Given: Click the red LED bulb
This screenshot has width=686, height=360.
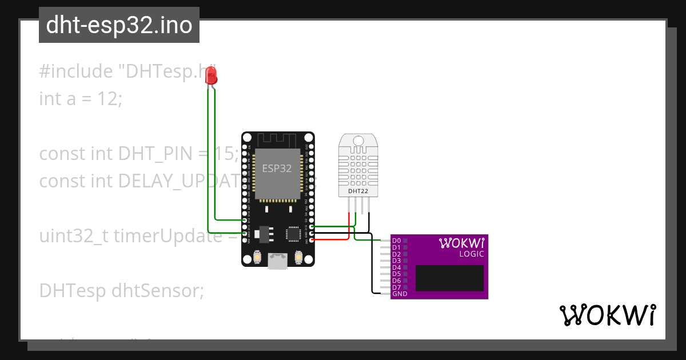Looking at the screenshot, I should click(212, 75).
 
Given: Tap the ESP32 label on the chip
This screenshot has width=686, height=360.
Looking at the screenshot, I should click(277, 169).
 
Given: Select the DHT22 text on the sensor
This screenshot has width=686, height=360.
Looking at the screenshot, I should click(358, 190).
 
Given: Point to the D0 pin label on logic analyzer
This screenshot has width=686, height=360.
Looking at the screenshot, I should click(396, 241).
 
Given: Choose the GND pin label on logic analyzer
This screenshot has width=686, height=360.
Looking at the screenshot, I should click(400, 294).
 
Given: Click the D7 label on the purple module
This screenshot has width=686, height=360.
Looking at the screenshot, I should click(396, 287).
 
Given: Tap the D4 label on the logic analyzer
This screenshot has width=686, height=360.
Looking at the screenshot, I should click(396, 267).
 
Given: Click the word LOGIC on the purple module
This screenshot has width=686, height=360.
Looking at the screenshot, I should click(472, 254).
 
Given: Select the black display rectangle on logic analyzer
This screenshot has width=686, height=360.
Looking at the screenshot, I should click(449, 278).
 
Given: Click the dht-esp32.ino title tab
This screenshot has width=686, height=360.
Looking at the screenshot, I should click(119, 25).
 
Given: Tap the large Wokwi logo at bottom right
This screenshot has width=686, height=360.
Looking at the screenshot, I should click(607, 315).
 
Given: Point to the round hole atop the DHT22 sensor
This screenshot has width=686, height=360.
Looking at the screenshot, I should click(358, 141).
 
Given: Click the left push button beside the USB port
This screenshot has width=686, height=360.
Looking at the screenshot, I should click(258, 259).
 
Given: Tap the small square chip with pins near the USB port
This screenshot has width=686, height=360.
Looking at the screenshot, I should click(293, 234).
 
